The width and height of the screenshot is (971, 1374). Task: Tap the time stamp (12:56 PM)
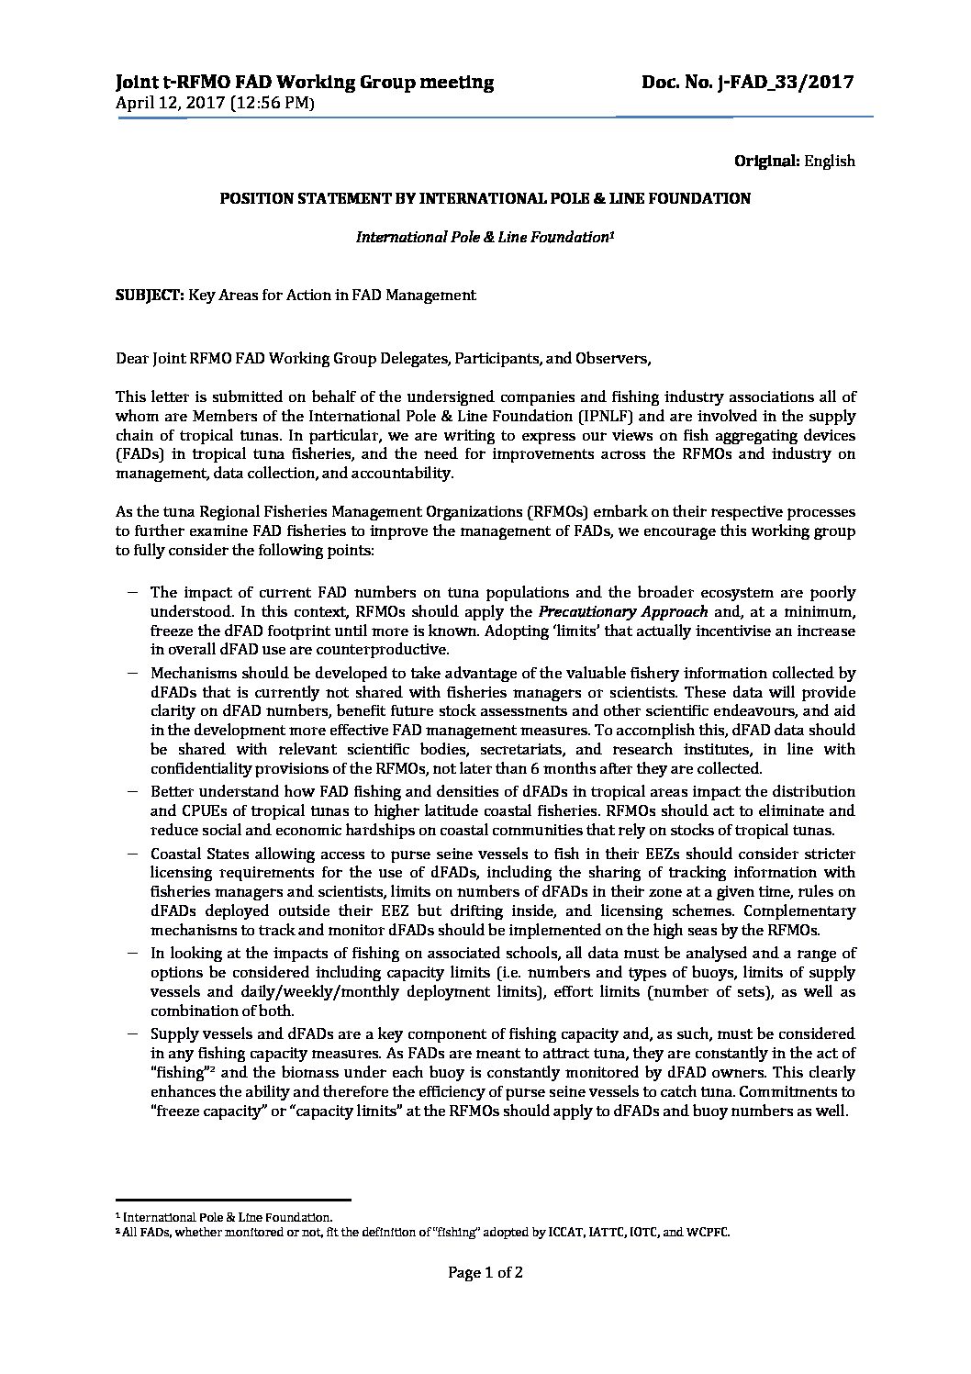pyautogui.click(x=274, y=103)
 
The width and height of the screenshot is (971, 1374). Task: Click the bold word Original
pyautogui.click(x=767, y=162)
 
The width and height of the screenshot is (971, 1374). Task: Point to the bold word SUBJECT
pyautogui.click(x=150, y=295)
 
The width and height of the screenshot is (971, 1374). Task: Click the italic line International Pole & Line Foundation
pyautogui.click(x=484, y=237)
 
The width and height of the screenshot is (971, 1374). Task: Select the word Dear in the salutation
pyautogui.click(x=132, y=358)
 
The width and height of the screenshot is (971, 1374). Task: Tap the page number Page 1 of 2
pyautogui.click(x=485, y=1272)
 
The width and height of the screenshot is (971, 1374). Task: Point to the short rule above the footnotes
pyautogui.click(x=233, y=1199)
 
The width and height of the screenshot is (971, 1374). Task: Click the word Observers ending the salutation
pyautogui.click(x=616, y=358)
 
